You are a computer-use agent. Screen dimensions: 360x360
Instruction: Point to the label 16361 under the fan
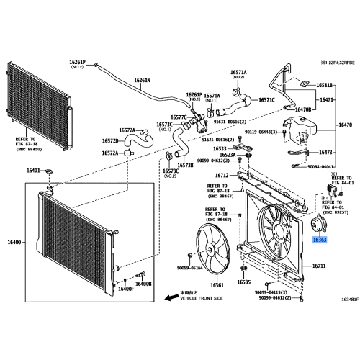pyautogui.click(x=215, y=285)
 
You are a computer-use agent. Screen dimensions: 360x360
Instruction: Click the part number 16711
pyautogui.click(x=318, y=266)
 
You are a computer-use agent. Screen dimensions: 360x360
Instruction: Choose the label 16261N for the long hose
pyautogui.click(x=143, y=80)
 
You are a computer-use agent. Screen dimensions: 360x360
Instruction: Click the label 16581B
pyautogui.click(x=325, y=85)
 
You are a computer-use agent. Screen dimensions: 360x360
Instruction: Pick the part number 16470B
pyautogui.click(x=302, y=109)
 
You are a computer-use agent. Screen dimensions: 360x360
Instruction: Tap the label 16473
pyautogui.click(x=325, y=153)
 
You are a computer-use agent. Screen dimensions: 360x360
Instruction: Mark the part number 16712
pyautogui.click(x=222, y=175)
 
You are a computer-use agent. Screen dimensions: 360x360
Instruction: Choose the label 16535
pyautogui.click(x=243, y=282)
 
